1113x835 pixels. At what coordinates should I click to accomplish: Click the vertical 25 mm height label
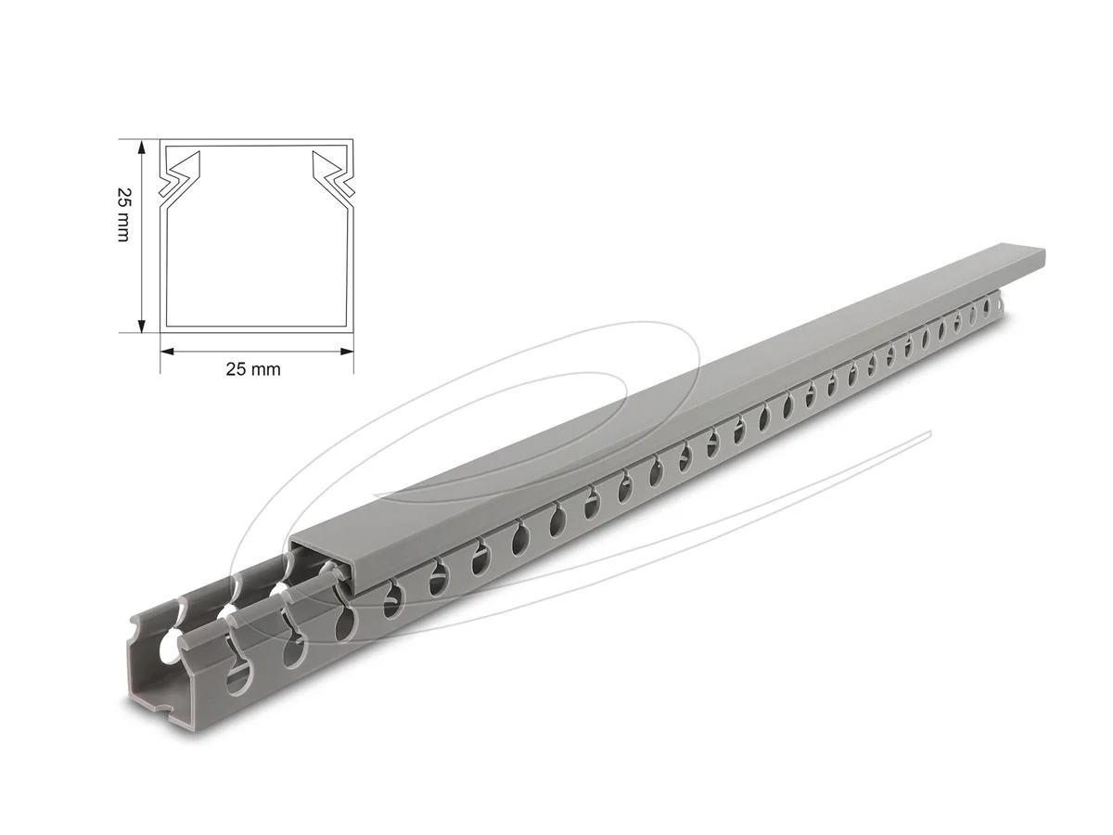click(122, 215)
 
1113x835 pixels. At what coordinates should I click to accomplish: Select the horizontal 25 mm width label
click(253, 369)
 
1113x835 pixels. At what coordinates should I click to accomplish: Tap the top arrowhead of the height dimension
click(141, 148)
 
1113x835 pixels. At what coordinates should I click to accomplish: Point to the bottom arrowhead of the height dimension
click(141, 324)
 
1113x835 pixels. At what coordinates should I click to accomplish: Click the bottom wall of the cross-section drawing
click(257, 328)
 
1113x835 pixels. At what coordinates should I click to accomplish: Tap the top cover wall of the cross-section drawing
click(257, 144)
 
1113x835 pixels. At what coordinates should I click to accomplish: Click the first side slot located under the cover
click(393, 599)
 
